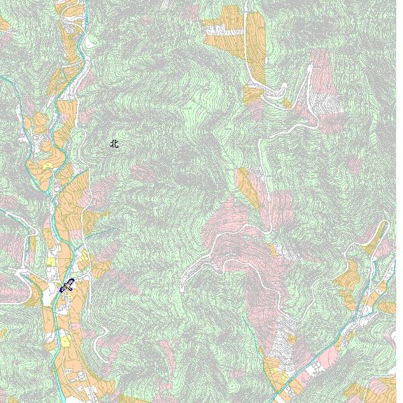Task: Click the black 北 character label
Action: click(114, 143)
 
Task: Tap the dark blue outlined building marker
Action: click(67, 285)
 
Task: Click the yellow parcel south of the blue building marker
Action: click(65, 341)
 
